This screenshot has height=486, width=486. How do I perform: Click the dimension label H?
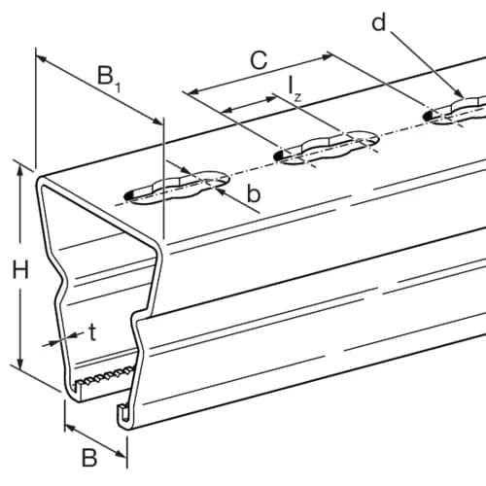[x=20, y=270]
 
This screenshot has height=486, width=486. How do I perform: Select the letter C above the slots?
[x=259, y=60]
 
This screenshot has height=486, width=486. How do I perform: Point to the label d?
[x=379, y=22]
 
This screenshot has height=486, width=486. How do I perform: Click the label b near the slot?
[x=254, y=193]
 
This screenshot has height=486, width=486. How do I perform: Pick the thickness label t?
[x=92, y=332]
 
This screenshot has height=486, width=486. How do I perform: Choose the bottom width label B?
[x=89, y=458]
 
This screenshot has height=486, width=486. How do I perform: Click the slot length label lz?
[x=295, y=88]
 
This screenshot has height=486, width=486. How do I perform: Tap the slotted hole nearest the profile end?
[x=177, y=188]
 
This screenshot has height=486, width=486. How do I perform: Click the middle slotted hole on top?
[x=327, y=148]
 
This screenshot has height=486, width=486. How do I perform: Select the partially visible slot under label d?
[x=454, y=110]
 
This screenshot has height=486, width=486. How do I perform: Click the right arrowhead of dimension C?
[x=326, y=57]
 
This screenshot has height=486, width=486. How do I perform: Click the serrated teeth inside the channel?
[x=105, y=375]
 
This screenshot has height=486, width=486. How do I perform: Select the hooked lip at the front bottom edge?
[x=122, y=416]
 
